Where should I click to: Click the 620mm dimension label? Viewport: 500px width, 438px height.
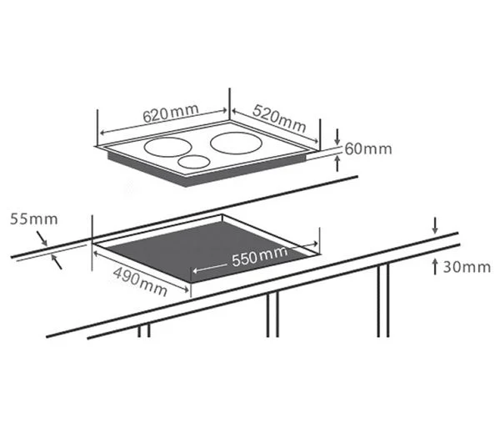click(171, 113)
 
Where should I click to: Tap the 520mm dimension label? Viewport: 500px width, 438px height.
click(279, 118)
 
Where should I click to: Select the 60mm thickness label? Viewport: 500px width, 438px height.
click(368, 149)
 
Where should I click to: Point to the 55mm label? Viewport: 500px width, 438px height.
click(34, 219)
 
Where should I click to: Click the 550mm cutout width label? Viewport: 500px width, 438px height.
click(260, 256)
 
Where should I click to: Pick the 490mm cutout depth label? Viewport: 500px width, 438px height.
click(140, 281)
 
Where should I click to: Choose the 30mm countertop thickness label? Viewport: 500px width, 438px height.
click(467, 267)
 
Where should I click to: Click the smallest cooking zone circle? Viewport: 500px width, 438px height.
click(194, 162)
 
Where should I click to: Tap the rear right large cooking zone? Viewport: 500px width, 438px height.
click(237, 143)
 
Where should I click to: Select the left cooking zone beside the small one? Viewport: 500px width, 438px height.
click(168, 147)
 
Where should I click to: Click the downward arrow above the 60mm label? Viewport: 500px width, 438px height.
click(337, 137)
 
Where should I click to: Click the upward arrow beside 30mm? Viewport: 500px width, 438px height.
click(435, 267)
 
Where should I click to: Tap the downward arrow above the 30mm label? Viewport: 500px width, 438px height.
click(435, 225)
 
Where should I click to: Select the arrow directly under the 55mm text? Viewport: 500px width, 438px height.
click(42, 239)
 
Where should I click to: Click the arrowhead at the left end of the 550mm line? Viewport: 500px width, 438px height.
click(195, 270)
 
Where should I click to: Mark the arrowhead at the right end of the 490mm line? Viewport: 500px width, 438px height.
click(186, 289)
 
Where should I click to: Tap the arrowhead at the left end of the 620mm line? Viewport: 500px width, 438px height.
click(103, 133)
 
